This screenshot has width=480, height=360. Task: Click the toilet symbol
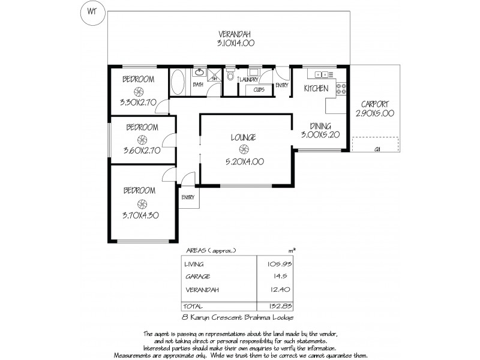pyautogui.click(x=230, y=76)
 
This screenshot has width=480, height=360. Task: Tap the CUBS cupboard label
pyautogui.click(x=259, y=89)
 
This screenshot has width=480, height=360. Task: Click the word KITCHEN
pyautogui.click(x=316, y=89)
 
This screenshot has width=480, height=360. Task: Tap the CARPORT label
pyautogui.click(x=376, y=103)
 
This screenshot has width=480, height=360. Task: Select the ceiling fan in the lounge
pyautogui.click(x=244, y=149)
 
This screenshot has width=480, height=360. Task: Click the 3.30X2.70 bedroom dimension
pyautogui.click(x=139, y=102)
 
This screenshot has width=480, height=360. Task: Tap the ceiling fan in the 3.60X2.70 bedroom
pyautogui.click(x=142, y=139)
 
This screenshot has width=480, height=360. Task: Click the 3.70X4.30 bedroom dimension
pyautogui.click(x=141, y=214)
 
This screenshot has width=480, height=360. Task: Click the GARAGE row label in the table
pyautogui.click(x=197, y=277)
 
